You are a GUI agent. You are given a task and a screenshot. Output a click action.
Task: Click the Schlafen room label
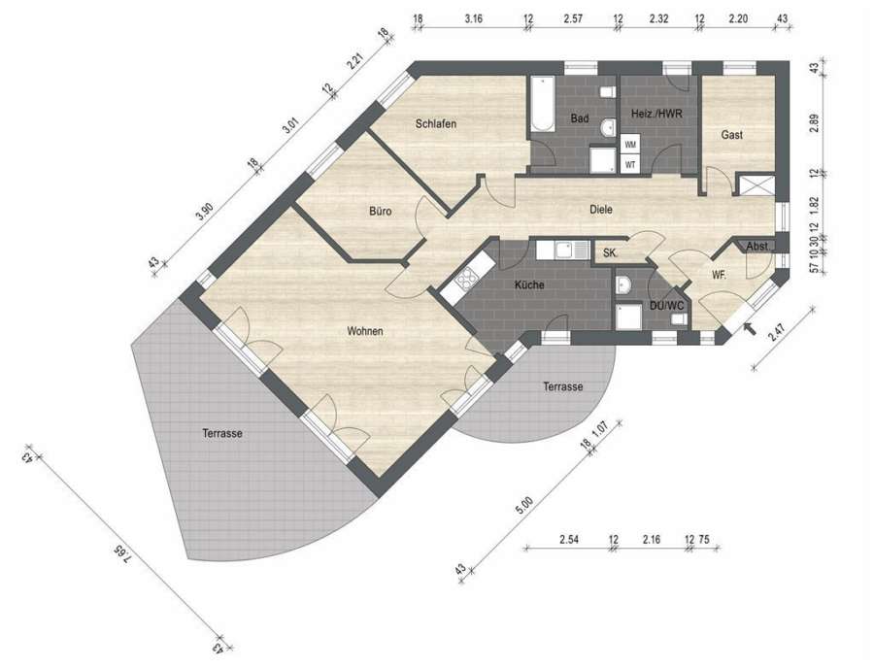pyautogui.click(x=436, y=123)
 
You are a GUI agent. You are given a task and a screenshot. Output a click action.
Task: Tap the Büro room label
pyautogui.click(x=380, y=211)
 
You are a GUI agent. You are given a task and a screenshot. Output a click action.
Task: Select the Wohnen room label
pyautogui.click(x=365, y=331)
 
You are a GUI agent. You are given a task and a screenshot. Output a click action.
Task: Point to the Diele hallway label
pyautogui.click(x=601, y=210)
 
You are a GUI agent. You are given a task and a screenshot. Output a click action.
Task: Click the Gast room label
pyautogui.click(x=732, y=135)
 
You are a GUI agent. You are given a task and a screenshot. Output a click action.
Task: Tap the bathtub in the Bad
pyautogui.click(x=542, y=104)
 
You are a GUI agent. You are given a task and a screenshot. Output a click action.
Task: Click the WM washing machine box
pyautogui.click(x=630, y=145)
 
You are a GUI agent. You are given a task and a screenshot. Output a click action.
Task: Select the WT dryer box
pyautogui.click(x=630, y=164)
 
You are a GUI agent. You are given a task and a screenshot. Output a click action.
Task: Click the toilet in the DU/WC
pyautogui.click(x=679, y=318)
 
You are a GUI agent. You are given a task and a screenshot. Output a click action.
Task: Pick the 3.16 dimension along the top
pyautogui.click(x=473, y=18)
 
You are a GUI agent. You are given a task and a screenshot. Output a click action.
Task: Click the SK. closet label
pyautogui.click(x=610, y=253)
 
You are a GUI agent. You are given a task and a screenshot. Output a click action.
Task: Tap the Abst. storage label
pyautogui.click(x=757, y=246)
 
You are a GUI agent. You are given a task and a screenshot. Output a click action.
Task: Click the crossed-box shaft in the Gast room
pyautogui.click(x=756, y=185)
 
